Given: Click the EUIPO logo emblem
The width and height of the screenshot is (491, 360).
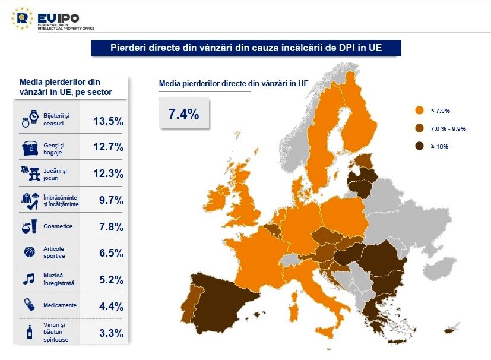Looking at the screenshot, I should point(22,18).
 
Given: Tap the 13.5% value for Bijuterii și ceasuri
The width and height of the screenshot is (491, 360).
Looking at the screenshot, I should point(108,121).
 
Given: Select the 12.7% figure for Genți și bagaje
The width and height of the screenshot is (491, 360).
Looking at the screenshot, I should point(108,147).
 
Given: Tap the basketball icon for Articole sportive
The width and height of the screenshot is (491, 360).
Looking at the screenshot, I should point(30,252).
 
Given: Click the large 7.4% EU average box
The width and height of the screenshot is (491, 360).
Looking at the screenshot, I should point(184,115).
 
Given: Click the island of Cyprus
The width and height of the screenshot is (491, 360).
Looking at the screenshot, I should point(455,326).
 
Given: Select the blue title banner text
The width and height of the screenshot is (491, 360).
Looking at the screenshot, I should point(246,48).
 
